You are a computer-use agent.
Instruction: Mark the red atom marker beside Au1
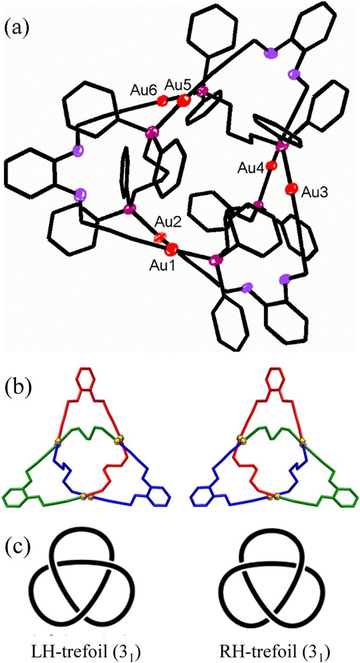[x=172, y=249]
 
